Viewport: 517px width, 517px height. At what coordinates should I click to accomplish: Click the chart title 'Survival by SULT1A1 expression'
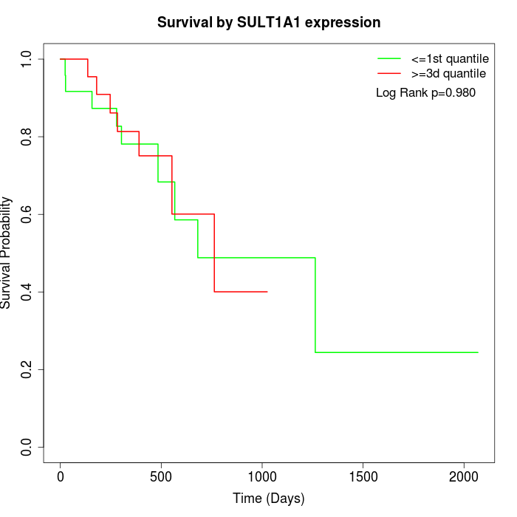269,22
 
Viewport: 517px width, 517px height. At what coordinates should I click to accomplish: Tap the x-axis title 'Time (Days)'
269,499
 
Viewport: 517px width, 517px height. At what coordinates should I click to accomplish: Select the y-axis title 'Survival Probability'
7,253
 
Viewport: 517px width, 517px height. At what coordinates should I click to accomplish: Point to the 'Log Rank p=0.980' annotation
425,92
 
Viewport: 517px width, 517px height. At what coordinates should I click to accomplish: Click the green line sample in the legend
389,58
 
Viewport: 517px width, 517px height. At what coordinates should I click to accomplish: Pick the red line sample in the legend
389,73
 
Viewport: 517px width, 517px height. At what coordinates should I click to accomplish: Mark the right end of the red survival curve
267,292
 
